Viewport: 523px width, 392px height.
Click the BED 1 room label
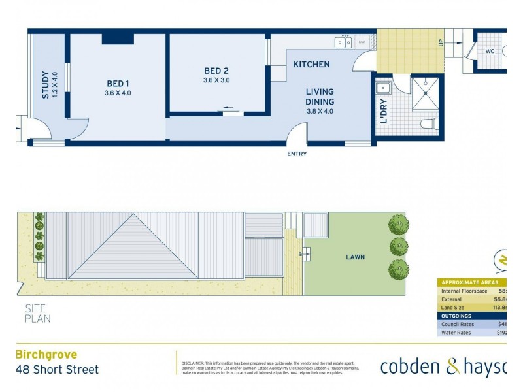tap(118, 84)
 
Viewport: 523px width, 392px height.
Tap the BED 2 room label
tap(216, 71)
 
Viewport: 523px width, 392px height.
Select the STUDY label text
tap(46, 85)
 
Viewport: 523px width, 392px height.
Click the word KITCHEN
tap(311, 64)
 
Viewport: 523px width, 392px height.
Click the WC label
tap(490, 52)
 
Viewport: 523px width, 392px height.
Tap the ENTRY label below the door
tap(296, 154)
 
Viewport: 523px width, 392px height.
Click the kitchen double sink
tap(345, 42)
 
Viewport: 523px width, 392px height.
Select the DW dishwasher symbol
tap(362, 42)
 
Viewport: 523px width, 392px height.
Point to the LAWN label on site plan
tap(355, 257)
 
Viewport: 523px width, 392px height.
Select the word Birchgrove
tap(46, 355)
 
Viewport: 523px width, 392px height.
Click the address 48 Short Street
tap(57, 370)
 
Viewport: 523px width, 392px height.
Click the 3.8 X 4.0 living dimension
tap(320, 111)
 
